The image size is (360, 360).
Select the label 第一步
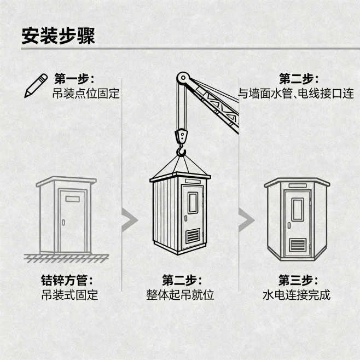(74, 78)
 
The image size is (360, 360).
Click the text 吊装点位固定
(86, 93)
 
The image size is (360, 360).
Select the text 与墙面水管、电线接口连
(295, 94)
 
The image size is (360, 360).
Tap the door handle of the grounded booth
(63, 222)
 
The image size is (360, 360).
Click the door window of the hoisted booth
(193, 203)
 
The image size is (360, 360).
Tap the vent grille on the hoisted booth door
(193, 236)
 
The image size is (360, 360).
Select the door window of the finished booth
(297, 210)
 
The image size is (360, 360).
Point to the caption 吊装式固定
(69, 295)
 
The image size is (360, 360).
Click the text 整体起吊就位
(180, 295)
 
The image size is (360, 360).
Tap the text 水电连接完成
(297, 295)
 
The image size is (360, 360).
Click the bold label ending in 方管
(69, 281)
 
